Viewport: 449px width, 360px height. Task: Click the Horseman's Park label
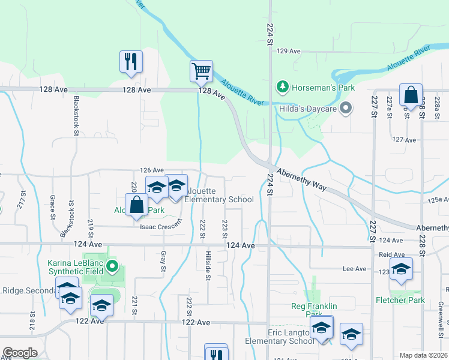(323, 88)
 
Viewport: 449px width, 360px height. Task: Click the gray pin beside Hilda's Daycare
(346, 109)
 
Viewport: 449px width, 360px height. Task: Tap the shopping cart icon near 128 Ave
(201, 71)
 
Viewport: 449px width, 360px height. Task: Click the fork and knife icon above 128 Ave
(131, 62)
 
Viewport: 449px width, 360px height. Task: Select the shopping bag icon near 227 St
(411, 95)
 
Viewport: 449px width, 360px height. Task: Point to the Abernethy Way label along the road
(301, 177)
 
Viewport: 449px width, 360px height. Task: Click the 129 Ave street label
(288, 52)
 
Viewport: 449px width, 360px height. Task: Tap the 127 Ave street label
(403, 140)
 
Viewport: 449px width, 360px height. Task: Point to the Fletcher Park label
(400, 300)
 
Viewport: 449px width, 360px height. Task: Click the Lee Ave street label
(354, 269)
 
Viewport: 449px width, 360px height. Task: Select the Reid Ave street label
(391, 254)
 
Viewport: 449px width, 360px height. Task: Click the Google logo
(20, 353)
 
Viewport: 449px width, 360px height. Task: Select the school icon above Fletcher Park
(401, 269)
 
